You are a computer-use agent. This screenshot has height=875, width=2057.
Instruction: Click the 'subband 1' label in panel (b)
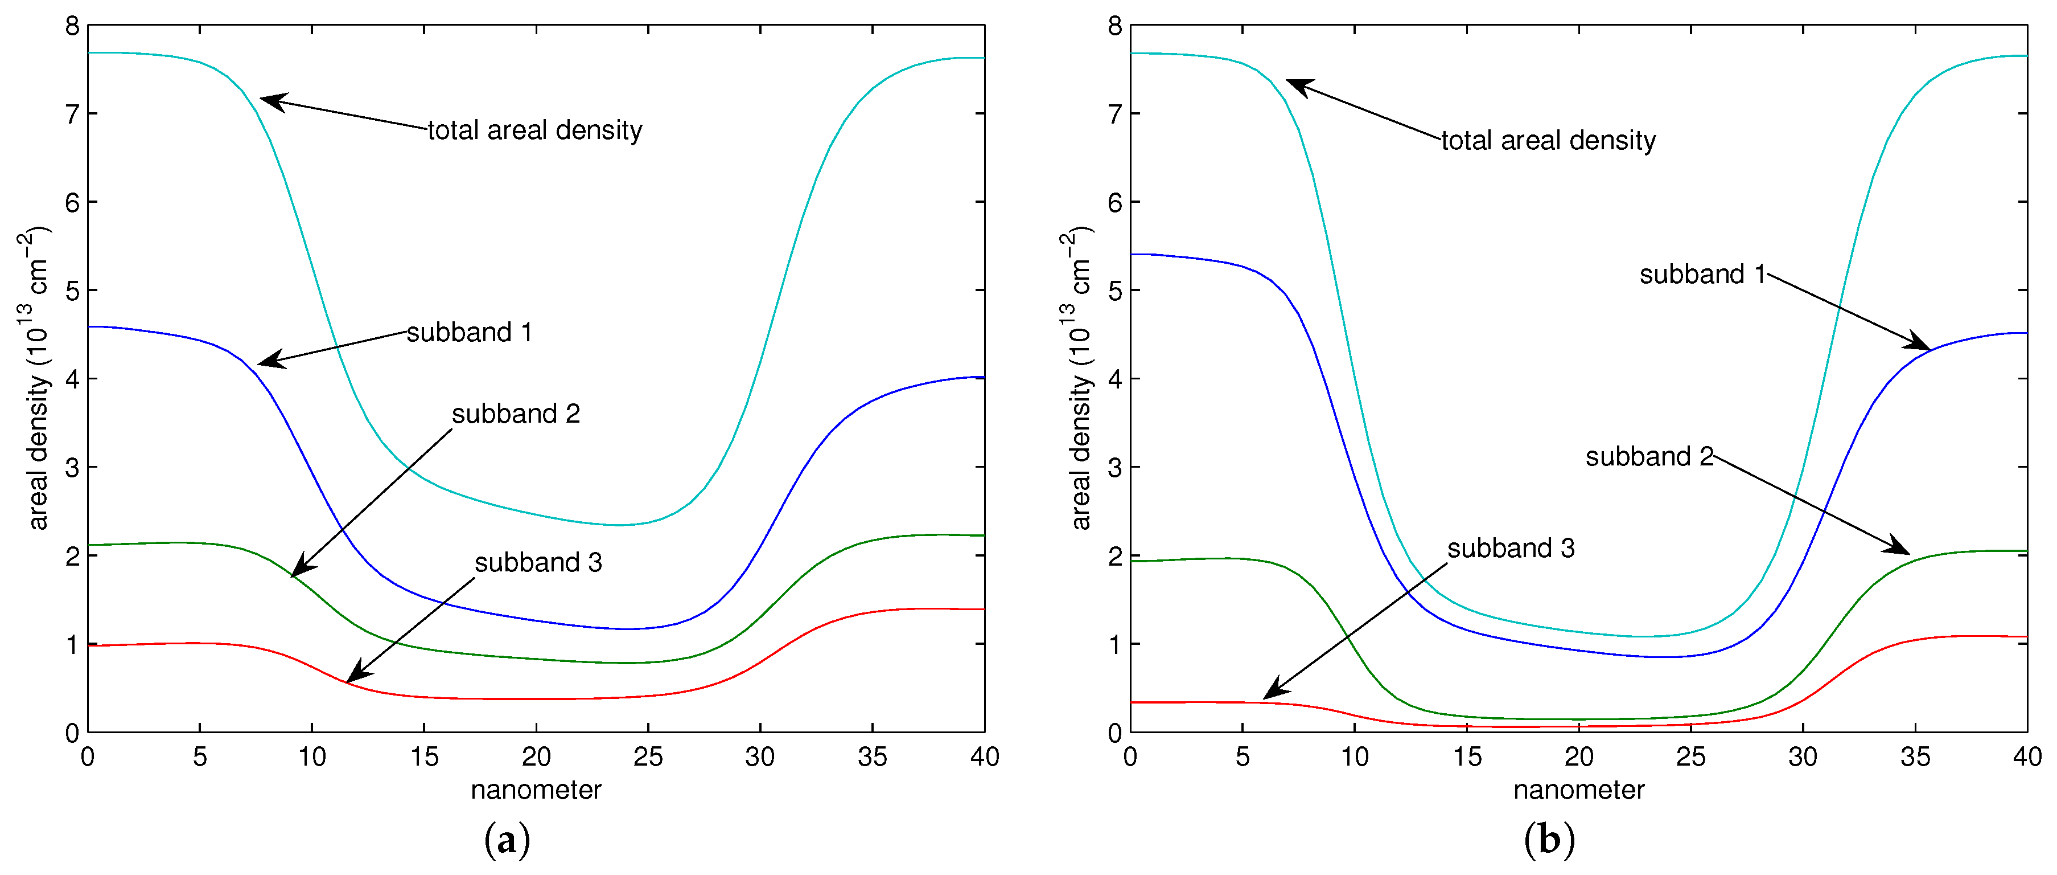point(1702,274)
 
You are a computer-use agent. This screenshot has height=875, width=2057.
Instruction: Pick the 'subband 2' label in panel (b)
point(1649,456)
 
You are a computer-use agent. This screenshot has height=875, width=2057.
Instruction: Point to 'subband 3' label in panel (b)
point(1511,548)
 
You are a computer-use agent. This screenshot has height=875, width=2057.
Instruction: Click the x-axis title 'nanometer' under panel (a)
point(536,790)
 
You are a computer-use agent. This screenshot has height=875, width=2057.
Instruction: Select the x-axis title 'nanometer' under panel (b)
point(1579,790)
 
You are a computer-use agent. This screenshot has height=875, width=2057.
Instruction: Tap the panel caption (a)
point(507,841)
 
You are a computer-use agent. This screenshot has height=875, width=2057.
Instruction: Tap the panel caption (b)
point(1549,841)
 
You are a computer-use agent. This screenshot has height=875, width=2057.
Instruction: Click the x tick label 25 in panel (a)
point(648,756)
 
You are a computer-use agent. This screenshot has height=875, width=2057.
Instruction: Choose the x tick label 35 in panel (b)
point(1915,756)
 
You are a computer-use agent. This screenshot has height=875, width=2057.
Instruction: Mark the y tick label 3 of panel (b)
point(1115,468)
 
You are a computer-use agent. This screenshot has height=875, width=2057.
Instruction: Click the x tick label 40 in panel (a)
point(984,756)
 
